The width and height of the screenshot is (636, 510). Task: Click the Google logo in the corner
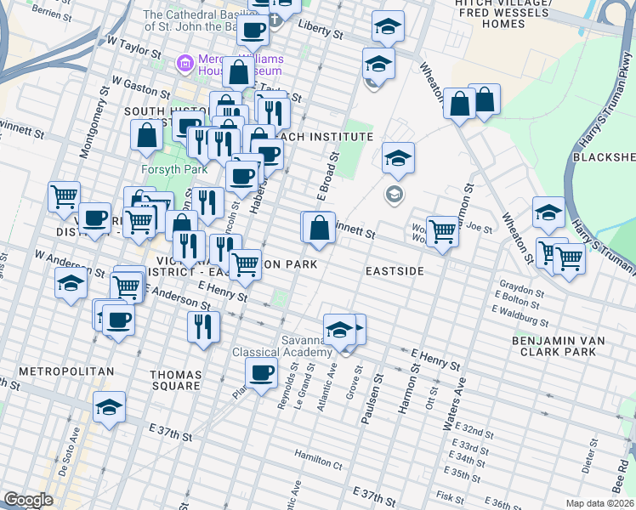(28, 500)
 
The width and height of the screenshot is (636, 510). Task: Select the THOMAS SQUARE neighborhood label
(175, 381)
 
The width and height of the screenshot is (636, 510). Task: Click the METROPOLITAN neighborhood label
(66, 372)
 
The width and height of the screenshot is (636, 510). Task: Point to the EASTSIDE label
(395, 271)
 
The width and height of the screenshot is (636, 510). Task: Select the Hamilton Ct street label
(318, 459)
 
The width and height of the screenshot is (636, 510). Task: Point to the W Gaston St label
(134, 86)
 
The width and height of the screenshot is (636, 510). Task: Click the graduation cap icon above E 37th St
(110, 407)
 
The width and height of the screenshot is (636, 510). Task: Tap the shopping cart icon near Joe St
(442, 229)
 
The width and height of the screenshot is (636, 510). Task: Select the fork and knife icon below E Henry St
(203, 326)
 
